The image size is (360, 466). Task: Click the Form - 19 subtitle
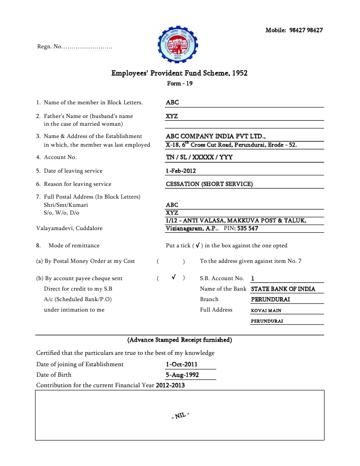coord(180,83)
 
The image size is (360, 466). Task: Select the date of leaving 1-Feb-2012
coord(181,171)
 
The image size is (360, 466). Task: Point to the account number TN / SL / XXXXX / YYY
coord(199,157)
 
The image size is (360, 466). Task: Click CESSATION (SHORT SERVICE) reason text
coord(209,184)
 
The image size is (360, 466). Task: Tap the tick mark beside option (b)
coord(174,277)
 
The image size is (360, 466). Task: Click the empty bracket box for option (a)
coord(171,261)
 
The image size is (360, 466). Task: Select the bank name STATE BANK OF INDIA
coord(283,289)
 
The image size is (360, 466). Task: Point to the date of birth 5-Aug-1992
coord(182,375)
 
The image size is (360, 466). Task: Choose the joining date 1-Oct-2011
coord(182,364)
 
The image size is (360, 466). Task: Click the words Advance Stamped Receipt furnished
coord(180,340)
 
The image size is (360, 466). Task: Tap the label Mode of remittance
coord(74,246)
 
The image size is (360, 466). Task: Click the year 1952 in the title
coord(239,73)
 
